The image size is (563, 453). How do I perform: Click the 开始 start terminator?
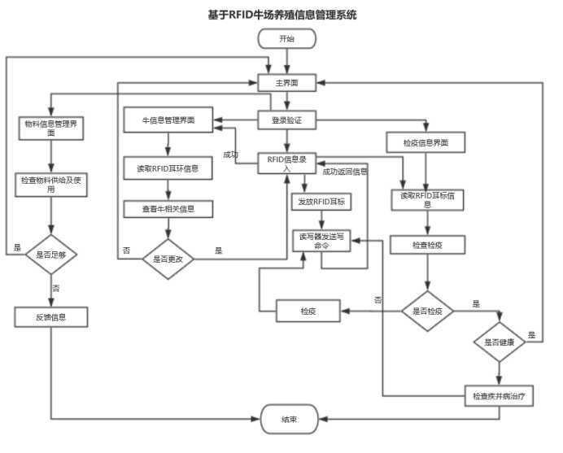[x=286, y=38]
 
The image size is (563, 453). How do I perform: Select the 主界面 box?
[x=286, y=82]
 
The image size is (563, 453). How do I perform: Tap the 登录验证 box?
[x=286, y=121]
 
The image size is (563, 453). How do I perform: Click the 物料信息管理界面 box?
[x=51, y=128]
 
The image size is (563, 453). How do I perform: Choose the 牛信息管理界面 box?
[x=169, y=121]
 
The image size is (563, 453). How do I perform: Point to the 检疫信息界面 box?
[x=427, y=143]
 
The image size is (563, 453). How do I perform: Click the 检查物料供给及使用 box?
[x=51, y=184]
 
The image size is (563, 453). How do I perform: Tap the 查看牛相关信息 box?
[x=168, y=208]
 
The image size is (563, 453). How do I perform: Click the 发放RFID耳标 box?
[x=321, y=201]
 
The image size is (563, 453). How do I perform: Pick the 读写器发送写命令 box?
[x=321, y=240]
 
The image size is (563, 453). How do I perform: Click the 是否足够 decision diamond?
[x=51, y=255]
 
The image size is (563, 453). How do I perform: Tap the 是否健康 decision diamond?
[x=500, y=343]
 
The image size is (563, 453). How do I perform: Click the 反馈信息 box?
[x=51, y=316]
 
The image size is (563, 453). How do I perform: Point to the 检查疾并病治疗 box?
[x=499, y=396]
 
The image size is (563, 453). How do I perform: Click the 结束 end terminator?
[x=289, y=420]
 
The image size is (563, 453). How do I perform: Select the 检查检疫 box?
[x=427, y=244]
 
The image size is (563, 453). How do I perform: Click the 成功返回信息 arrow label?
[x=344, y=172]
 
